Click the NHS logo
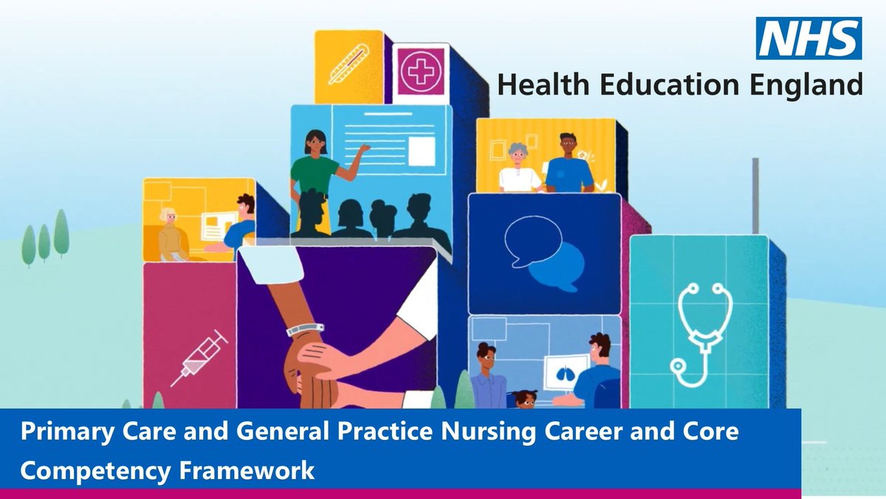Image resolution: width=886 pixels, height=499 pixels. point(809,38)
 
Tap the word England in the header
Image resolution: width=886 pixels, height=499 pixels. point(806,86)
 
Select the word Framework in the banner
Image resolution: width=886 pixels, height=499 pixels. point(247,471)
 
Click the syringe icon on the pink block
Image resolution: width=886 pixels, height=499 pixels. point(199,358)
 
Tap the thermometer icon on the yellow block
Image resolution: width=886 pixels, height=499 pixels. point(348,64)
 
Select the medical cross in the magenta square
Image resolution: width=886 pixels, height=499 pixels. point(421,72)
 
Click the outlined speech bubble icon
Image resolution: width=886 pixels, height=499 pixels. point(533,241)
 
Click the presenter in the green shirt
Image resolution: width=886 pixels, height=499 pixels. point(317,166)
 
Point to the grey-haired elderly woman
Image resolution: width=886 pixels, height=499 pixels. point(519,168)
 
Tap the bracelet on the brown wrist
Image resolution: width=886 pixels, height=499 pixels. point(304,330)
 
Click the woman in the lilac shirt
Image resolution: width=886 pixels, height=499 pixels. point(488,376)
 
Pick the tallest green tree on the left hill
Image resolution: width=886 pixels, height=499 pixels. point(61,233)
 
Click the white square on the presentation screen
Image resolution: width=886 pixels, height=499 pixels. point(422,152)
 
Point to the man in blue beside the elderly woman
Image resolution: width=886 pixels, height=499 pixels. point(569,163)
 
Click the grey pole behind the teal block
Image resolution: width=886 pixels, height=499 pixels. point(755,196)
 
